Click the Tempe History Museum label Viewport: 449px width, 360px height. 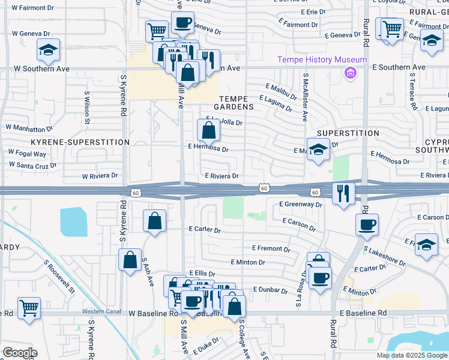click(x=322, y=59)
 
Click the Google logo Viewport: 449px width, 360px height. click(x=20, y=353)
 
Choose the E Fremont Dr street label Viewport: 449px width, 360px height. click(x=271, y=248)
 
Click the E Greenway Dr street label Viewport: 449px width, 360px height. click(x=301, y=205)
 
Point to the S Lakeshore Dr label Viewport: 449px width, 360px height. click(x=385, y=256)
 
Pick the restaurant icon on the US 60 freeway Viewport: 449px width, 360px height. click(x=343, y=193)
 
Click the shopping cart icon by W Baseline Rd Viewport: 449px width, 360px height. click(x=29, y=308)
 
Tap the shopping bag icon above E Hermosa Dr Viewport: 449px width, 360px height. click(x=208, y=129)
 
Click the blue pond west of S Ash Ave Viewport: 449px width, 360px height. click(x=73, y=222)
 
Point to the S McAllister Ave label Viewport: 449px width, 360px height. click(x=305, y=99)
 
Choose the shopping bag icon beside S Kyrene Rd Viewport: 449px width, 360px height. click(x=130, y=260)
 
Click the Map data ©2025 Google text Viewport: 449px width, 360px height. click(x=411, y=355)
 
